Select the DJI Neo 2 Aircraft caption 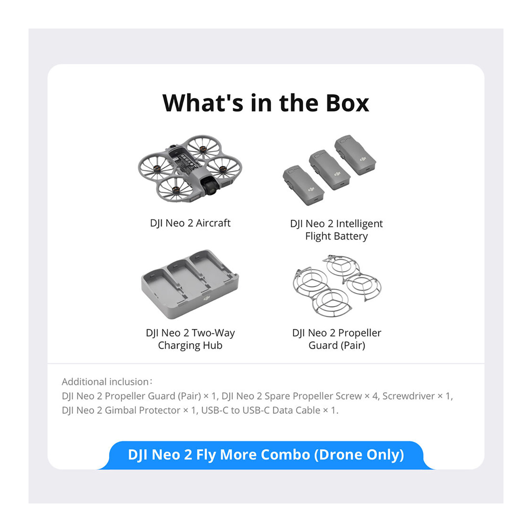(x=190, y=223)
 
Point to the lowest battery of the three (x=304, y=186)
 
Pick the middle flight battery (x=330, y=170)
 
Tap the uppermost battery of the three (x=355, y=155)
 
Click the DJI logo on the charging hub (x=207, y=298)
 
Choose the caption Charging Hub (x=190, y=346)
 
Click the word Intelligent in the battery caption (x=359, y=224)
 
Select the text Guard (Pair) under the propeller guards (x=337, y=346)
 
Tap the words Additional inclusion (x=105, y=382)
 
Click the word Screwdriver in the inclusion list (x=408, y=396)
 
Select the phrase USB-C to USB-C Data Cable (x=260, y=410)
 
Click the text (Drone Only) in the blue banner (x=359, y=455)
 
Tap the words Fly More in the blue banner (x=226, y=455)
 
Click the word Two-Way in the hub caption (x=213, y=333)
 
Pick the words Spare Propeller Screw (x=313, y=396)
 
